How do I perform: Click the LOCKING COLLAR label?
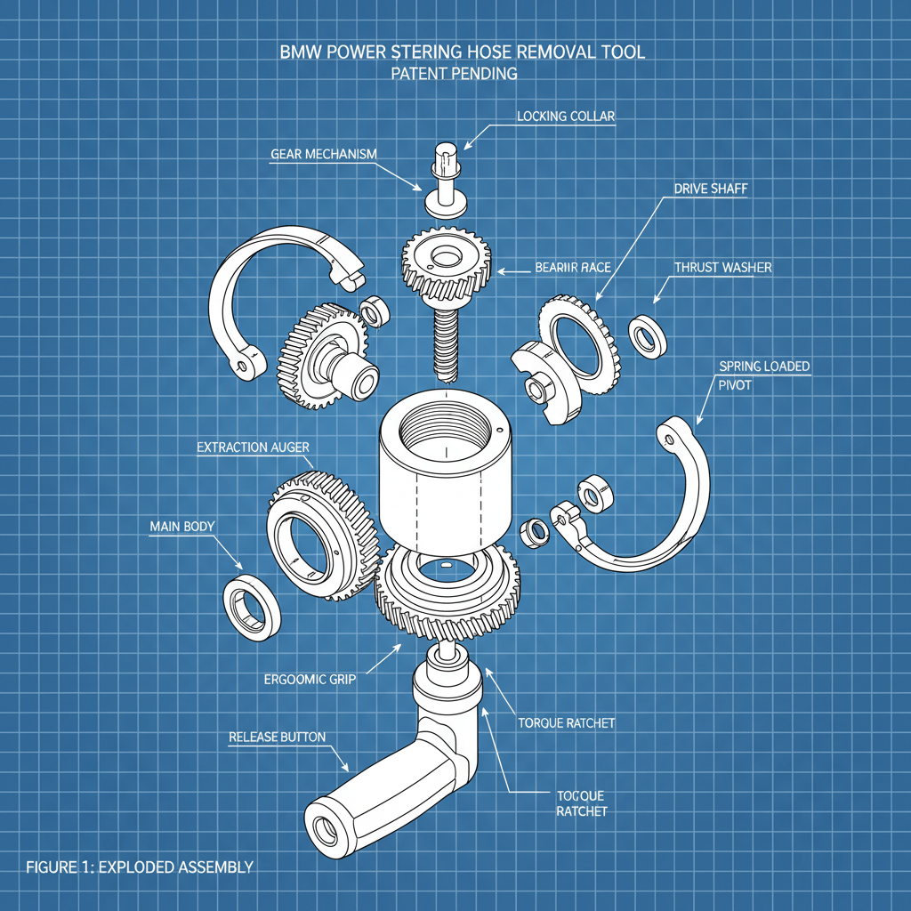tap(566, 117)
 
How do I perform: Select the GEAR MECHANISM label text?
tap(323, 154)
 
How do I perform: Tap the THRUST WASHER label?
tap(722, 267)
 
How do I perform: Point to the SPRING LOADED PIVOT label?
tap(763, 375)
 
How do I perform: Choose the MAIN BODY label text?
tap(181, 527)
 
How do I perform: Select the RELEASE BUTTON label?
tap(277, 737)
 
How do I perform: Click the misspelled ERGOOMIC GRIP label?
tap(310, 679)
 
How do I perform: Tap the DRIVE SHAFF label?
tap(709, 189)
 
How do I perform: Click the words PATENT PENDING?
tap(454, 74)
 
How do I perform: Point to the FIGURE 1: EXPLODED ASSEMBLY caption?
tap(140, 867)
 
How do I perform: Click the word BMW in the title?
tap(301, 52)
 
